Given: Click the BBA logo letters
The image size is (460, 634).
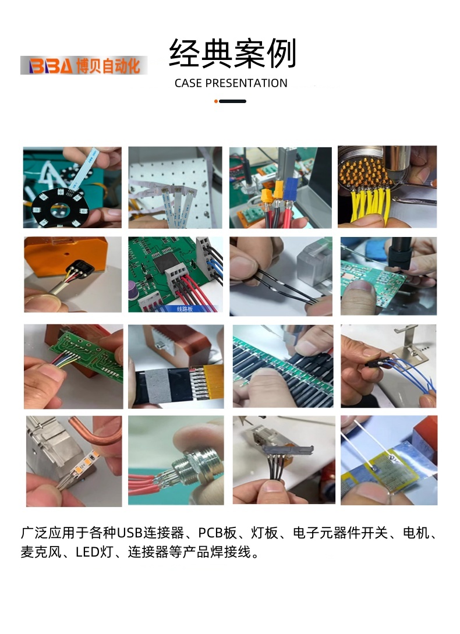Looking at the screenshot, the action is (51, 66).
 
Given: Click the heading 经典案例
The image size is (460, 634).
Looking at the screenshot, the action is (233, 53).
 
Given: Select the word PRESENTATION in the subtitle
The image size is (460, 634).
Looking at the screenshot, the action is (246, 83).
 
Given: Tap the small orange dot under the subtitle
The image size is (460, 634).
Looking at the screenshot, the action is (216, 101).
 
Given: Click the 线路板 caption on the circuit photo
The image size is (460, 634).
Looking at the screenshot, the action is (185, 309).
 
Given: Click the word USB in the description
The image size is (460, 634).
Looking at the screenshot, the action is (130, 533).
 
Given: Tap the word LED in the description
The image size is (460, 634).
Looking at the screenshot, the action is (88, 552).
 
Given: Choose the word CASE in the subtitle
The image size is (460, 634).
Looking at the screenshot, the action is (188, 83).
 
